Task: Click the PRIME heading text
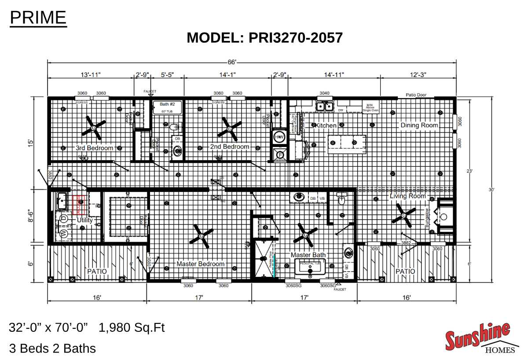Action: [38, 18]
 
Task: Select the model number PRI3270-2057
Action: [295, 37]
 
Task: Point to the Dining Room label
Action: [419, 125]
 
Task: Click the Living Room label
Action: [407, 196]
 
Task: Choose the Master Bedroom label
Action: [200, 264]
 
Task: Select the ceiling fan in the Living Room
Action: [403, 215]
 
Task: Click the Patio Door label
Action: [416, 95]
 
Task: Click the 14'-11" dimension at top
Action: [334, 75]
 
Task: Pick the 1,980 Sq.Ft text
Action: [132, 327]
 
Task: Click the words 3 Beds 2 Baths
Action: [52, 349]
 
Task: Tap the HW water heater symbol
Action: [279, 137]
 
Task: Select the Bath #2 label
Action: [167, 104]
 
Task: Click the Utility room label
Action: [84, 220]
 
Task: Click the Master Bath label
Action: [308, 255]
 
